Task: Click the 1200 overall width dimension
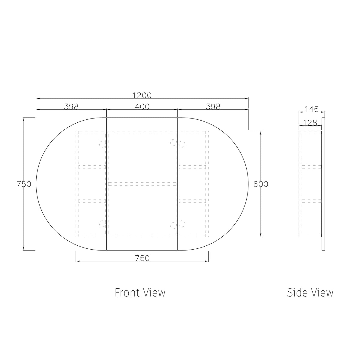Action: pyautogui.click(x=142, y=95)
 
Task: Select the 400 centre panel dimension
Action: pyautogui.click(x=142, y=107)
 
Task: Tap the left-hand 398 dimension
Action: pyautogui.click(x=71, y=107)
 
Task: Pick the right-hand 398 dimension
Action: pyautogui.click(x=213, y=107)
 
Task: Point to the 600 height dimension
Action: pyautogui.click(x=261, y=184)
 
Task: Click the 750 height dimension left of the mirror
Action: pyautogui.click(x=24, y=184)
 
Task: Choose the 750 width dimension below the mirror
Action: pyautogui.click(x=142, y=258)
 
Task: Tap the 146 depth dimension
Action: pyautogui.click(x=312, y=109)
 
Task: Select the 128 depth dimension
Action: pyautogui.click(x=310, y=123)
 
